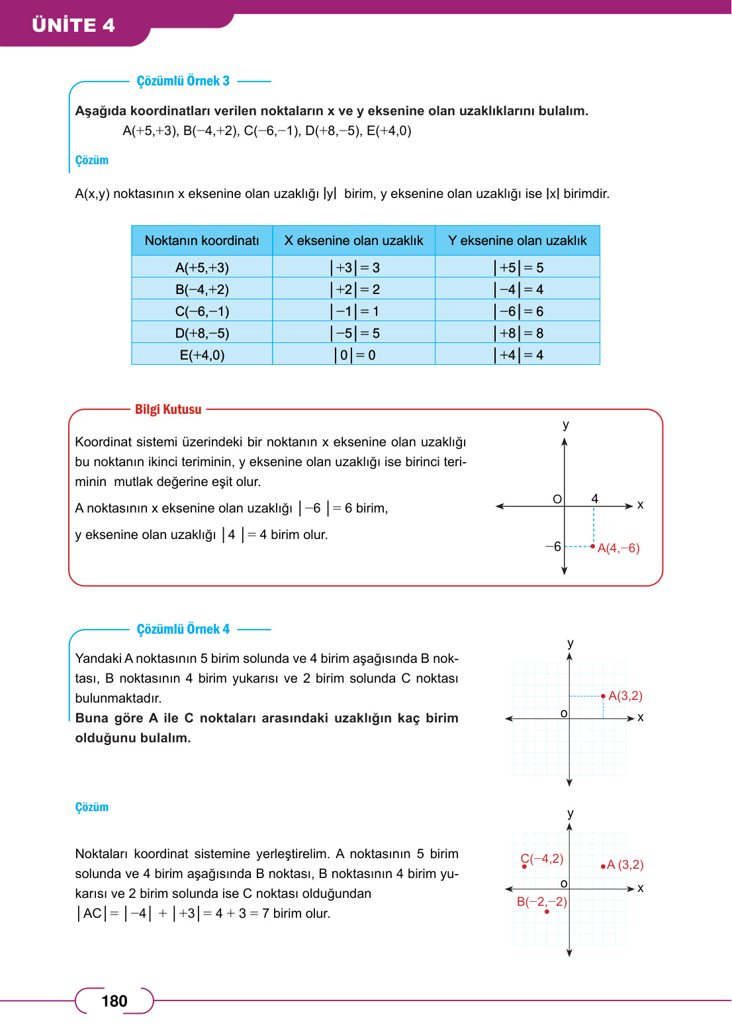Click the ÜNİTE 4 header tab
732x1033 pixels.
coord(73,25)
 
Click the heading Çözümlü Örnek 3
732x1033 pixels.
coord(183,81)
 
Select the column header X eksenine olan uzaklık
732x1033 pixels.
coord(353,240)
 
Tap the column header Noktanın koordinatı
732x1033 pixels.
coord(202,240)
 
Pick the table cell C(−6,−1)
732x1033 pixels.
coord(202,311)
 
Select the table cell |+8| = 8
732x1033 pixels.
coord(518,333)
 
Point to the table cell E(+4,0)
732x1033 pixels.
coord(202,355)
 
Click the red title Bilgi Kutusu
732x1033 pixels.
coord(168,409)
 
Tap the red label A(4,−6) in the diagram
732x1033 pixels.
coord(618,548)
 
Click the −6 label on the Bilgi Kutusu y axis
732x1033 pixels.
coord(553,546)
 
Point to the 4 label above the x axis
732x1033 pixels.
coord(594,498)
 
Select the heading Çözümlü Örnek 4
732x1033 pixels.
coord(183,629)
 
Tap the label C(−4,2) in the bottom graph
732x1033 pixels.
coord(542,859)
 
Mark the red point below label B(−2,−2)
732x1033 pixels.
coord(547,912)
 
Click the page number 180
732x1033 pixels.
coord(114,1001)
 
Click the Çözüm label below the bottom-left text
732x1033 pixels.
coord(91,807)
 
